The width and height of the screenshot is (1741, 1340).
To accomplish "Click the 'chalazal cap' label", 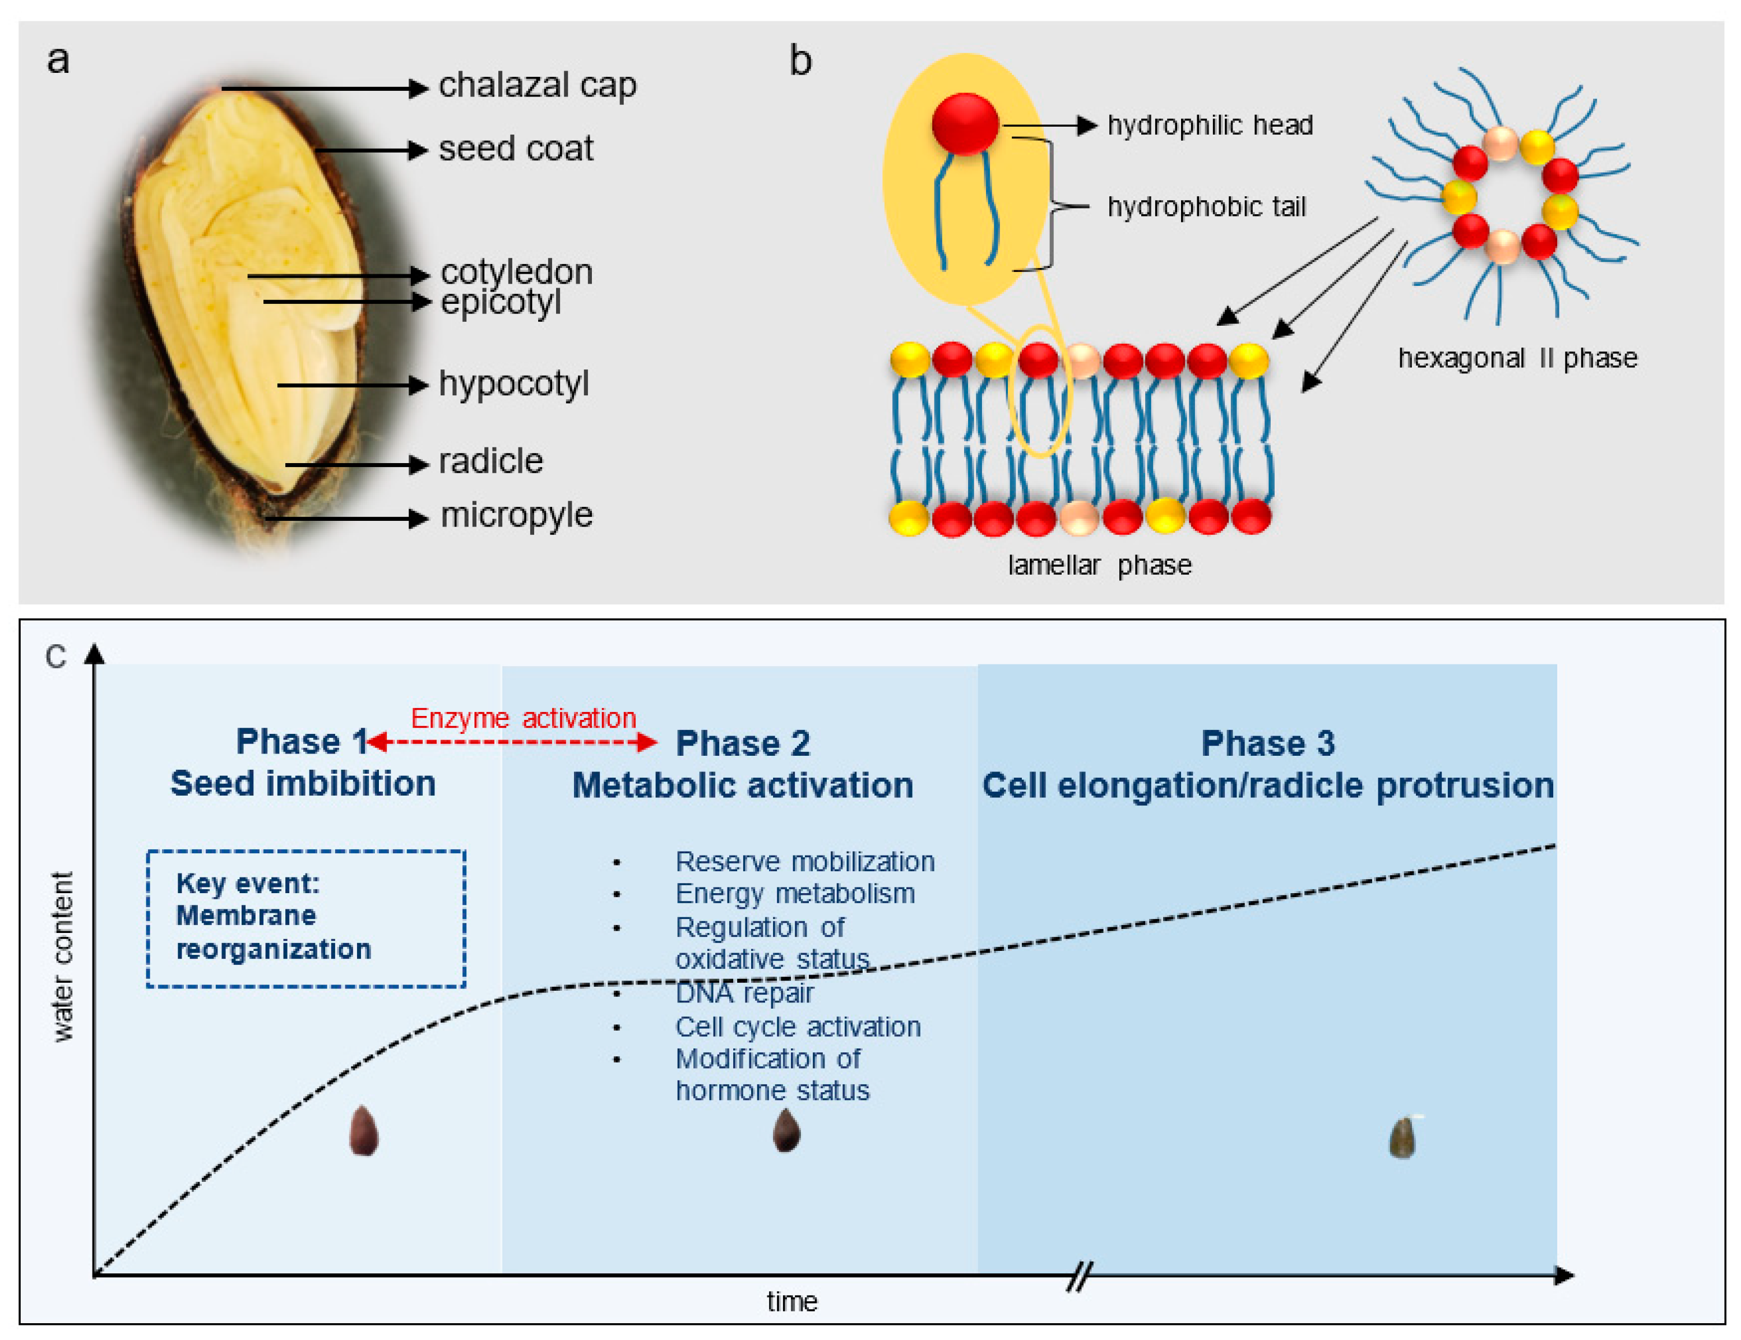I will pos(538,85).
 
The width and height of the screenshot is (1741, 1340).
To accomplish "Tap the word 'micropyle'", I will pos(517,515).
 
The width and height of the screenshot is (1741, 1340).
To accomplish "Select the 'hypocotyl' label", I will pos(514,383).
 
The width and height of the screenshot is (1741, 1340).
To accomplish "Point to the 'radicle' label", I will pos(491,461).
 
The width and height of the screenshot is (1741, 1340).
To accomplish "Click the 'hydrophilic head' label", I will pos(1209,125).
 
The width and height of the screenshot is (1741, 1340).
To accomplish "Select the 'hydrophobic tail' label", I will pos(1206,207).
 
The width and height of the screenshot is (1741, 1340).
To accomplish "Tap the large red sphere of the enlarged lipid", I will pos(965,123).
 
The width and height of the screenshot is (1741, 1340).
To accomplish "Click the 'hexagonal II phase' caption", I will pos(1517,358).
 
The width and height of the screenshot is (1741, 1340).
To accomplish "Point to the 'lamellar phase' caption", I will pos(1099,565).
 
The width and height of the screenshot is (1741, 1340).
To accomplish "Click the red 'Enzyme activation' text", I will pos(523,718).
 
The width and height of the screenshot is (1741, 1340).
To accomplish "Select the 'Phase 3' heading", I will pos(1267,743).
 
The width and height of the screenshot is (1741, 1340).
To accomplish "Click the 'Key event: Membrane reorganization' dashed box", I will pos(306,918).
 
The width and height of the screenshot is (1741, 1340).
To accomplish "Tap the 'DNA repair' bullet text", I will pos(744,994).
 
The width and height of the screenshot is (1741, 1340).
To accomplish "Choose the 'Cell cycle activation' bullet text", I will pos(797,1027).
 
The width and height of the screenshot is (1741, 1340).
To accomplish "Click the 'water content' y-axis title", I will pos(62,957).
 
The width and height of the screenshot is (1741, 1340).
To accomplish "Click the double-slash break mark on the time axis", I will pos(1078,1276).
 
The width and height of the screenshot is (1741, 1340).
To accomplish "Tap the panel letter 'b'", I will pos(800,61).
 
